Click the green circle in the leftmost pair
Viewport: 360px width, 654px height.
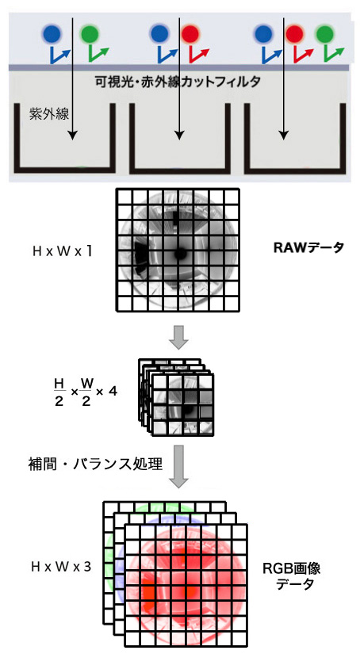pyautogui.click(x=90, y=34)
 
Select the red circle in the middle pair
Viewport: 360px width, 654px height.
pyautogui.click(x=191, y=34)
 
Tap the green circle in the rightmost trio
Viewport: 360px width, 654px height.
pyautogui.click(x=325, y=34)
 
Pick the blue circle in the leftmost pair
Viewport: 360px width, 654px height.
pyautogui.click(x=52, y=34)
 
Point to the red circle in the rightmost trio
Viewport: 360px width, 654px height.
pyautogui.click(x=295, y=34)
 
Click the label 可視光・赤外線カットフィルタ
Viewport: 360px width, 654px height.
pyautogui.click(x=178, y=81)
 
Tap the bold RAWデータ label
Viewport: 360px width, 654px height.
pyautogui.click(x=308, y=248)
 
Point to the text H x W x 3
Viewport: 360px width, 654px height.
pyautogui.click(x=61, y=567)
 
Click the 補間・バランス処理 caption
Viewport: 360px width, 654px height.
pyautogui.click(x=94, y=464)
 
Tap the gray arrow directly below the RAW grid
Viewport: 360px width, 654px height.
pyautogui.click(x=178, y=339)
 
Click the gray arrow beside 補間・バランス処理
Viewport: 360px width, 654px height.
pyautogui.click(x=178, y=466)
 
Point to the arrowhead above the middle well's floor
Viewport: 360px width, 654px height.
pyautogui.click(x=179, y=135)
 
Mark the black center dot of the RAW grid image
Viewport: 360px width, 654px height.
pyautogui.click(x=180, y=254)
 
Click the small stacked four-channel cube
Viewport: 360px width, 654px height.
pyautogui.click(x=175, y=396)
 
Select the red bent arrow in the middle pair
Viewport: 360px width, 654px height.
pyautogui.click(x=198, y=55)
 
